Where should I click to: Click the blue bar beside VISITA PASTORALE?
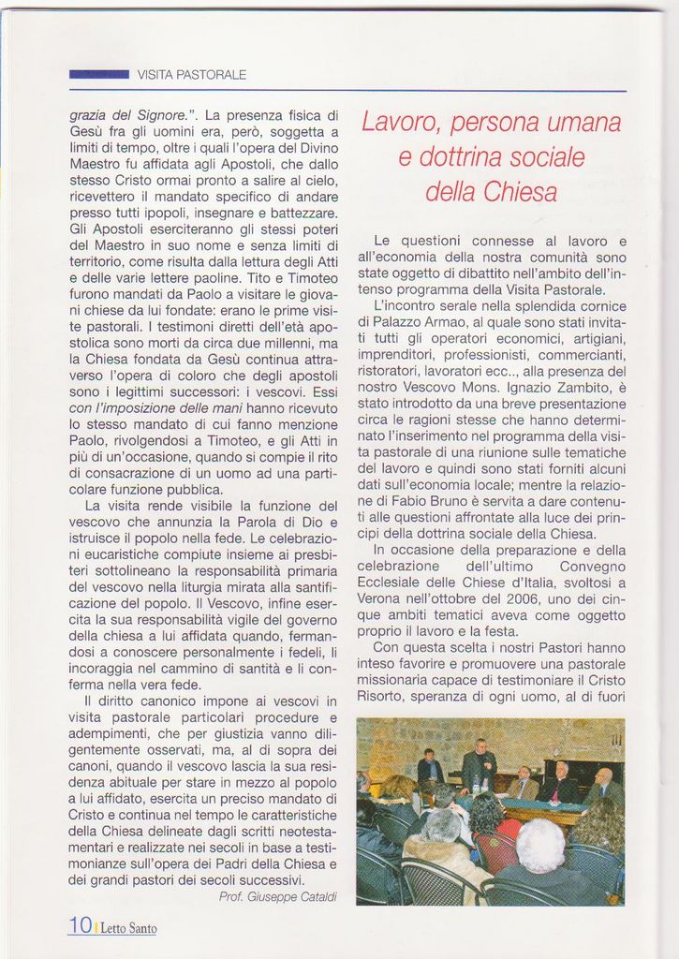point(98,74)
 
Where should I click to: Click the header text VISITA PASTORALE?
point(192,74)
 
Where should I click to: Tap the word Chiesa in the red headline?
point(521,193)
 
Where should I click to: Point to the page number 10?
point(80,925)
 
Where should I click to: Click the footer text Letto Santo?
point(128,928)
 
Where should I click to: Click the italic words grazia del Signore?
point(127,115)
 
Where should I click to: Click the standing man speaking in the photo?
point(479,764)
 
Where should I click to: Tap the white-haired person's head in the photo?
point(540,843)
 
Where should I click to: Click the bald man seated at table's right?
point(603,785)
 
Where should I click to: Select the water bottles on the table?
point(480,785)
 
